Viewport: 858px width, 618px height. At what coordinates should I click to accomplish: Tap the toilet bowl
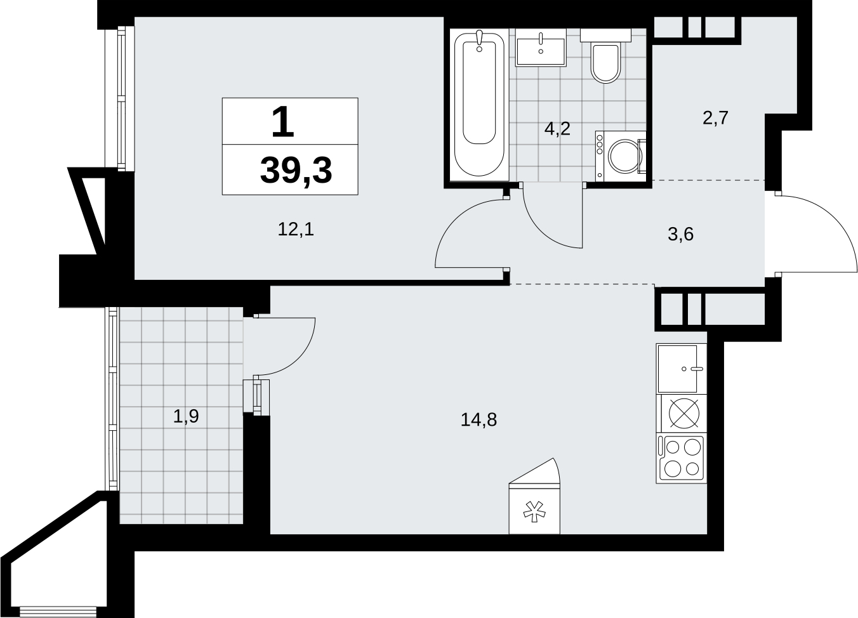pos(605,63)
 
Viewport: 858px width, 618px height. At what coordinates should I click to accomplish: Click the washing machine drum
pos(624,157)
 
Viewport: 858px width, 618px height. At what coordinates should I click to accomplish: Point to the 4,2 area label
pos(557,129)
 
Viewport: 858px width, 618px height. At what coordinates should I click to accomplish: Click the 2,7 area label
pos(715,117)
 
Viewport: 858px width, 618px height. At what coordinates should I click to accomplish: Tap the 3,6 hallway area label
pos(680,234)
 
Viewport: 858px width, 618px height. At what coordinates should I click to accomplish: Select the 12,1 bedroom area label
pos(296,230)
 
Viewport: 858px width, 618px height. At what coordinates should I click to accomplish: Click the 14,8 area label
pos(478,419)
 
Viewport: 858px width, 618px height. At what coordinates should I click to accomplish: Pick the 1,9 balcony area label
pos(186,416)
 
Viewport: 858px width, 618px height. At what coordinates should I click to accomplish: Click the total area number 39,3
pos(296,171)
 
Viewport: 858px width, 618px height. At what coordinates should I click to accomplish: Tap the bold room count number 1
pos(283,122)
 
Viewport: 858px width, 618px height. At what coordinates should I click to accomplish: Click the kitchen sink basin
pos(677,369)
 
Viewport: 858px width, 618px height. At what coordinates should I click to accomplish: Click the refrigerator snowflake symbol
pos(534,512)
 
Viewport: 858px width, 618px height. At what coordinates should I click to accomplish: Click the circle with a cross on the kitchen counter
pos(684,414)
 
